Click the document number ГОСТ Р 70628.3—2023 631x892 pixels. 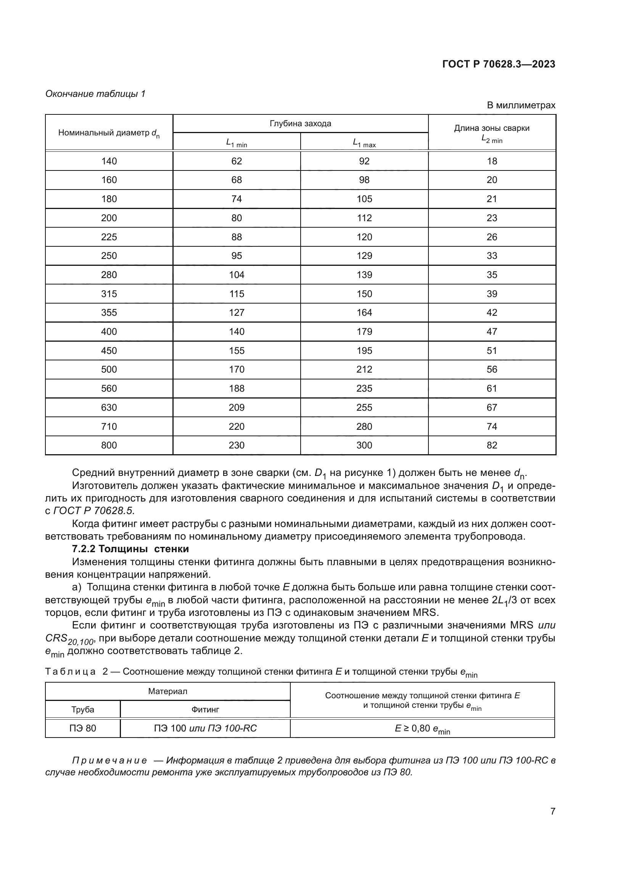pyautogui.click(x=499, y=64)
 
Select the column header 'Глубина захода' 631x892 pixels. pyautogui.click(x=300, y=124)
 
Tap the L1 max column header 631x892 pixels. pyautogui.click(x=364, y=143)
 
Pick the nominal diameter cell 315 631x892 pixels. pyautogui.click(x=109, y=294)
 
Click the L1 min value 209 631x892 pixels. pyautogui.click(x=237, y=408)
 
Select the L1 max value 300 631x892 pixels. pyautogui.click(x=364, y=445)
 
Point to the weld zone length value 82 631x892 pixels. pyautogui.click(x=492, y=445)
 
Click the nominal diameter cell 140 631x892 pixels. pyautogui.click(x=109, y=161)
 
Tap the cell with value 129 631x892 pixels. pyautogui.click(x=364, y=256)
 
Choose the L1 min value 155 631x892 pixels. pyautogui.click(x=237, y=351)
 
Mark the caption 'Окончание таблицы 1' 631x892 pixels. pyautogui.click(x=95, y=94)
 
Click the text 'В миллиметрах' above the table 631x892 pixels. pyautogui.click(x=521, y=105)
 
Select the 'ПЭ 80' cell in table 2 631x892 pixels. pyautogui.click(x=83, y=728)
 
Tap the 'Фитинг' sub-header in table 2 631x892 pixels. pyautogui.click(x=205, y=709)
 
